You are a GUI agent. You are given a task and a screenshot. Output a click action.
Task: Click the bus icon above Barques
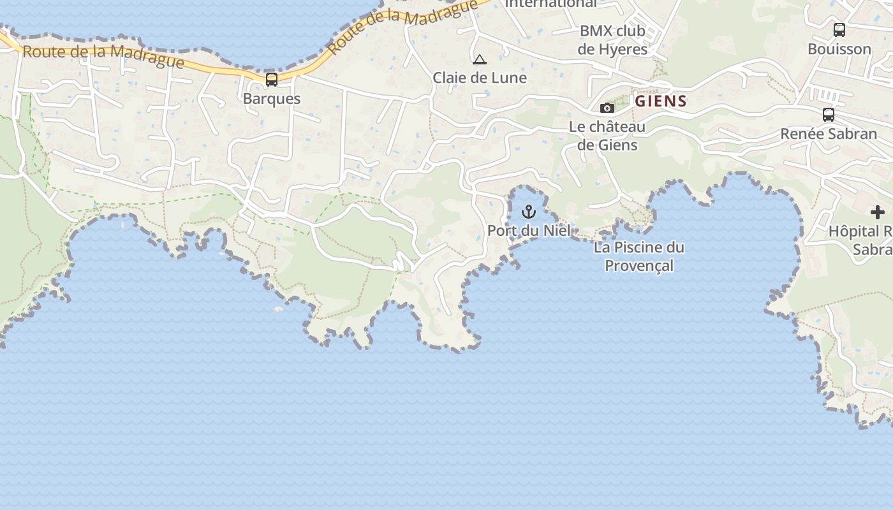[272, 80]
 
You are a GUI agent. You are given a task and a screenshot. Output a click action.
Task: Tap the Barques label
[272, 99]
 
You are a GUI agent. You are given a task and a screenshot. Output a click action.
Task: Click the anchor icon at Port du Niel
[529, 211]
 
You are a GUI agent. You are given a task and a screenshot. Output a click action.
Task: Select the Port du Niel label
[529, 230]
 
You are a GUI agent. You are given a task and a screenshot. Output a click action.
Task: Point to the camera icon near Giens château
[607, 108]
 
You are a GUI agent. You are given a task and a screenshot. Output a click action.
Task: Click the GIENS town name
[661, 101]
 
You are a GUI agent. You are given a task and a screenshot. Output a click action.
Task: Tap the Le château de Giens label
[607, 136]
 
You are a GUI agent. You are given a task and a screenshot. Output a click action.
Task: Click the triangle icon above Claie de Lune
[480, 60]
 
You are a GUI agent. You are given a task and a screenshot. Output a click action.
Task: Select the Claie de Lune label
[480, 78]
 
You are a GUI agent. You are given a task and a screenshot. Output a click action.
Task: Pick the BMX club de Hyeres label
[612, 40]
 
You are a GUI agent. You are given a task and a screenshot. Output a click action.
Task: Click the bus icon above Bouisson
[839, 29]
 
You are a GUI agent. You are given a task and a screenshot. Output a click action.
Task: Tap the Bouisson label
[839, 49]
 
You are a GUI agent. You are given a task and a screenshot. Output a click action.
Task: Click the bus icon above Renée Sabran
[829, 115]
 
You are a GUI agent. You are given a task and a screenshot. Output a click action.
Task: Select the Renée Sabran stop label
[829, 134]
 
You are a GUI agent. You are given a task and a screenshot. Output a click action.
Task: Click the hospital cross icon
[878, 212]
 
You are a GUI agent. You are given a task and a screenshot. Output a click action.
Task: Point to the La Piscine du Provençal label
[638, 256]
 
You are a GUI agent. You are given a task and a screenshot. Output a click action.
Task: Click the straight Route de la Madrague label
[103, 56]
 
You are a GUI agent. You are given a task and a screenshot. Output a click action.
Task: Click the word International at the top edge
[551, 4]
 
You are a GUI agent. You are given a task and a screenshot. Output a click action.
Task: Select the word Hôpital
[855, 231]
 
